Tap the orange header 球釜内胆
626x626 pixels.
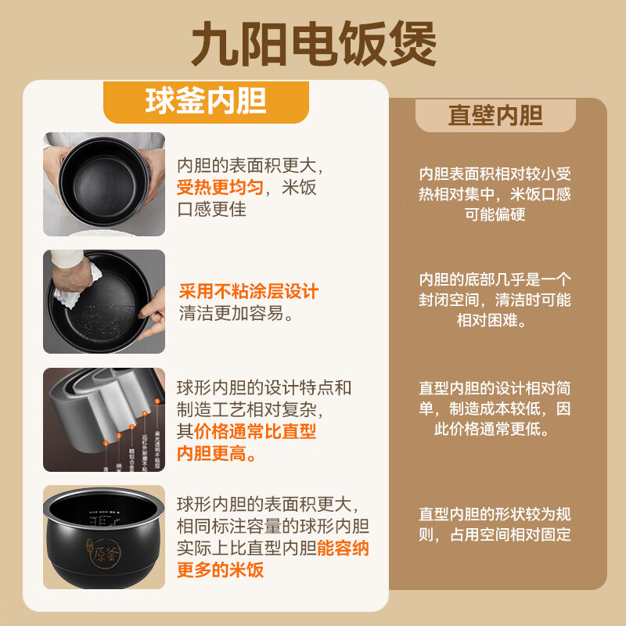(206, 101)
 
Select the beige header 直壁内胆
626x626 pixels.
(495, 115)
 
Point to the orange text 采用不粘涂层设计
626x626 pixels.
(249, 292)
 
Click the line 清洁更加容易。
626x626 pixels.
(236, 314)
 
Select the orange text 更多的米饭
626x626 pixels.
(221, 570)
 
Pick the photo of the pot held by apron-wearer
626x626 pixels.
(104, 184)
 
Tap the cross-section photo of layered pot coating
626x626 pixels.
(104, 419)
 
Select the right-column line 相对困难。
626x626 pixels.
(495, 321)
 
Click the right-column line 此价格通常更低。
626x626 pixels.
(495, 429)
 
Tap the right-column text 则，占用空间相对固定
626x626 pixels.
(495, 535)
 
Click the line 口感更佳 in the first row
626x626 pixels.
(212, 210)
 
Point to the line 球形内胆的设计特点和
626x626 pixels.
(264, 387)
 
